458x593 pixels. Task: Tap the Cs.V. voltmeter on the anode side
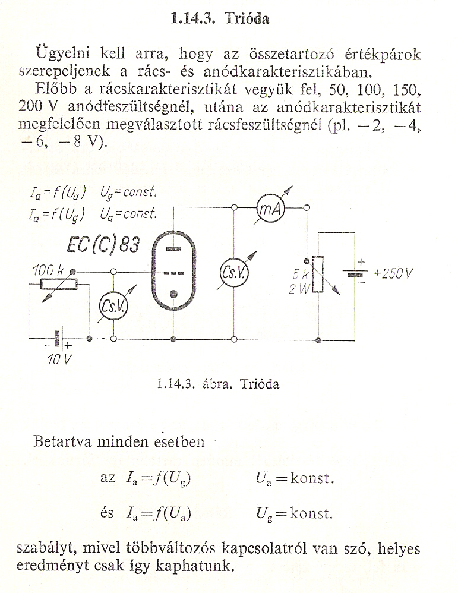(x=234, y=272)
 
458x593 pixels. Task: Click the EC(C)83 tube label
(x=103, y=245)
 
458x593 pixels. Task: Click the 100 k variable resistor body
(x=59, y=284)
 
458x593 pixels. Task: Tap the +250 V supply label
(x=393, y=273)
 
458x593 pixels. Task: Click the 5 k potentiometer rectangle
(x=318, y=275)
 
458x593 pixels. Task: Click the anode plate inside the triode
(x=173, y=249)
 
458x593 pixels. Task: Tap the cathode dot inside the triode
(x=173, y=294)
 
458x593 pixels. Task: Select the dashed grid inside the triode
(x=173, y=273)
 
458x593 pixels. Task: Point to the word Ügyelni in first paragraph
(x=62, y=55)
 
